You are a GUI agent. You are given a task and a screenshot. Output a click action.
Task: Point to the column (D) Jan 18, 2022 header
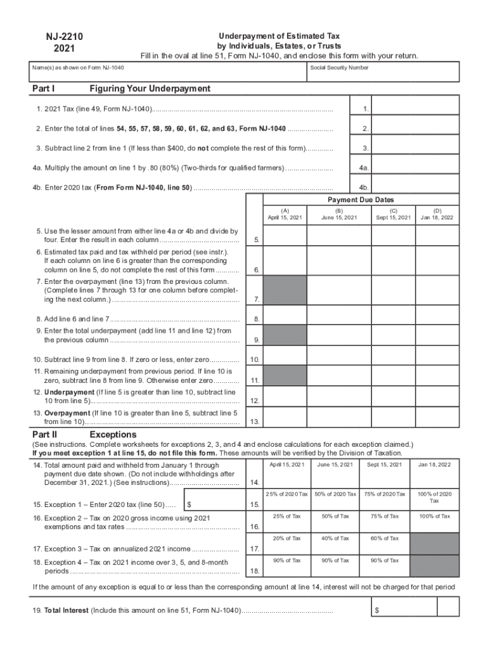(x=437, y=214)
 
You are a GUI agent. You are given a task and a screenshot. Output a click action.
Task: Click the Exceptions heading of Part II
(x=113, y=435)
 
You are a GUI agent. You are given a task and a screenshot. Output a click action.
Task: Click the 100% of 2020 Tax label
(x=437, y=497)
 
